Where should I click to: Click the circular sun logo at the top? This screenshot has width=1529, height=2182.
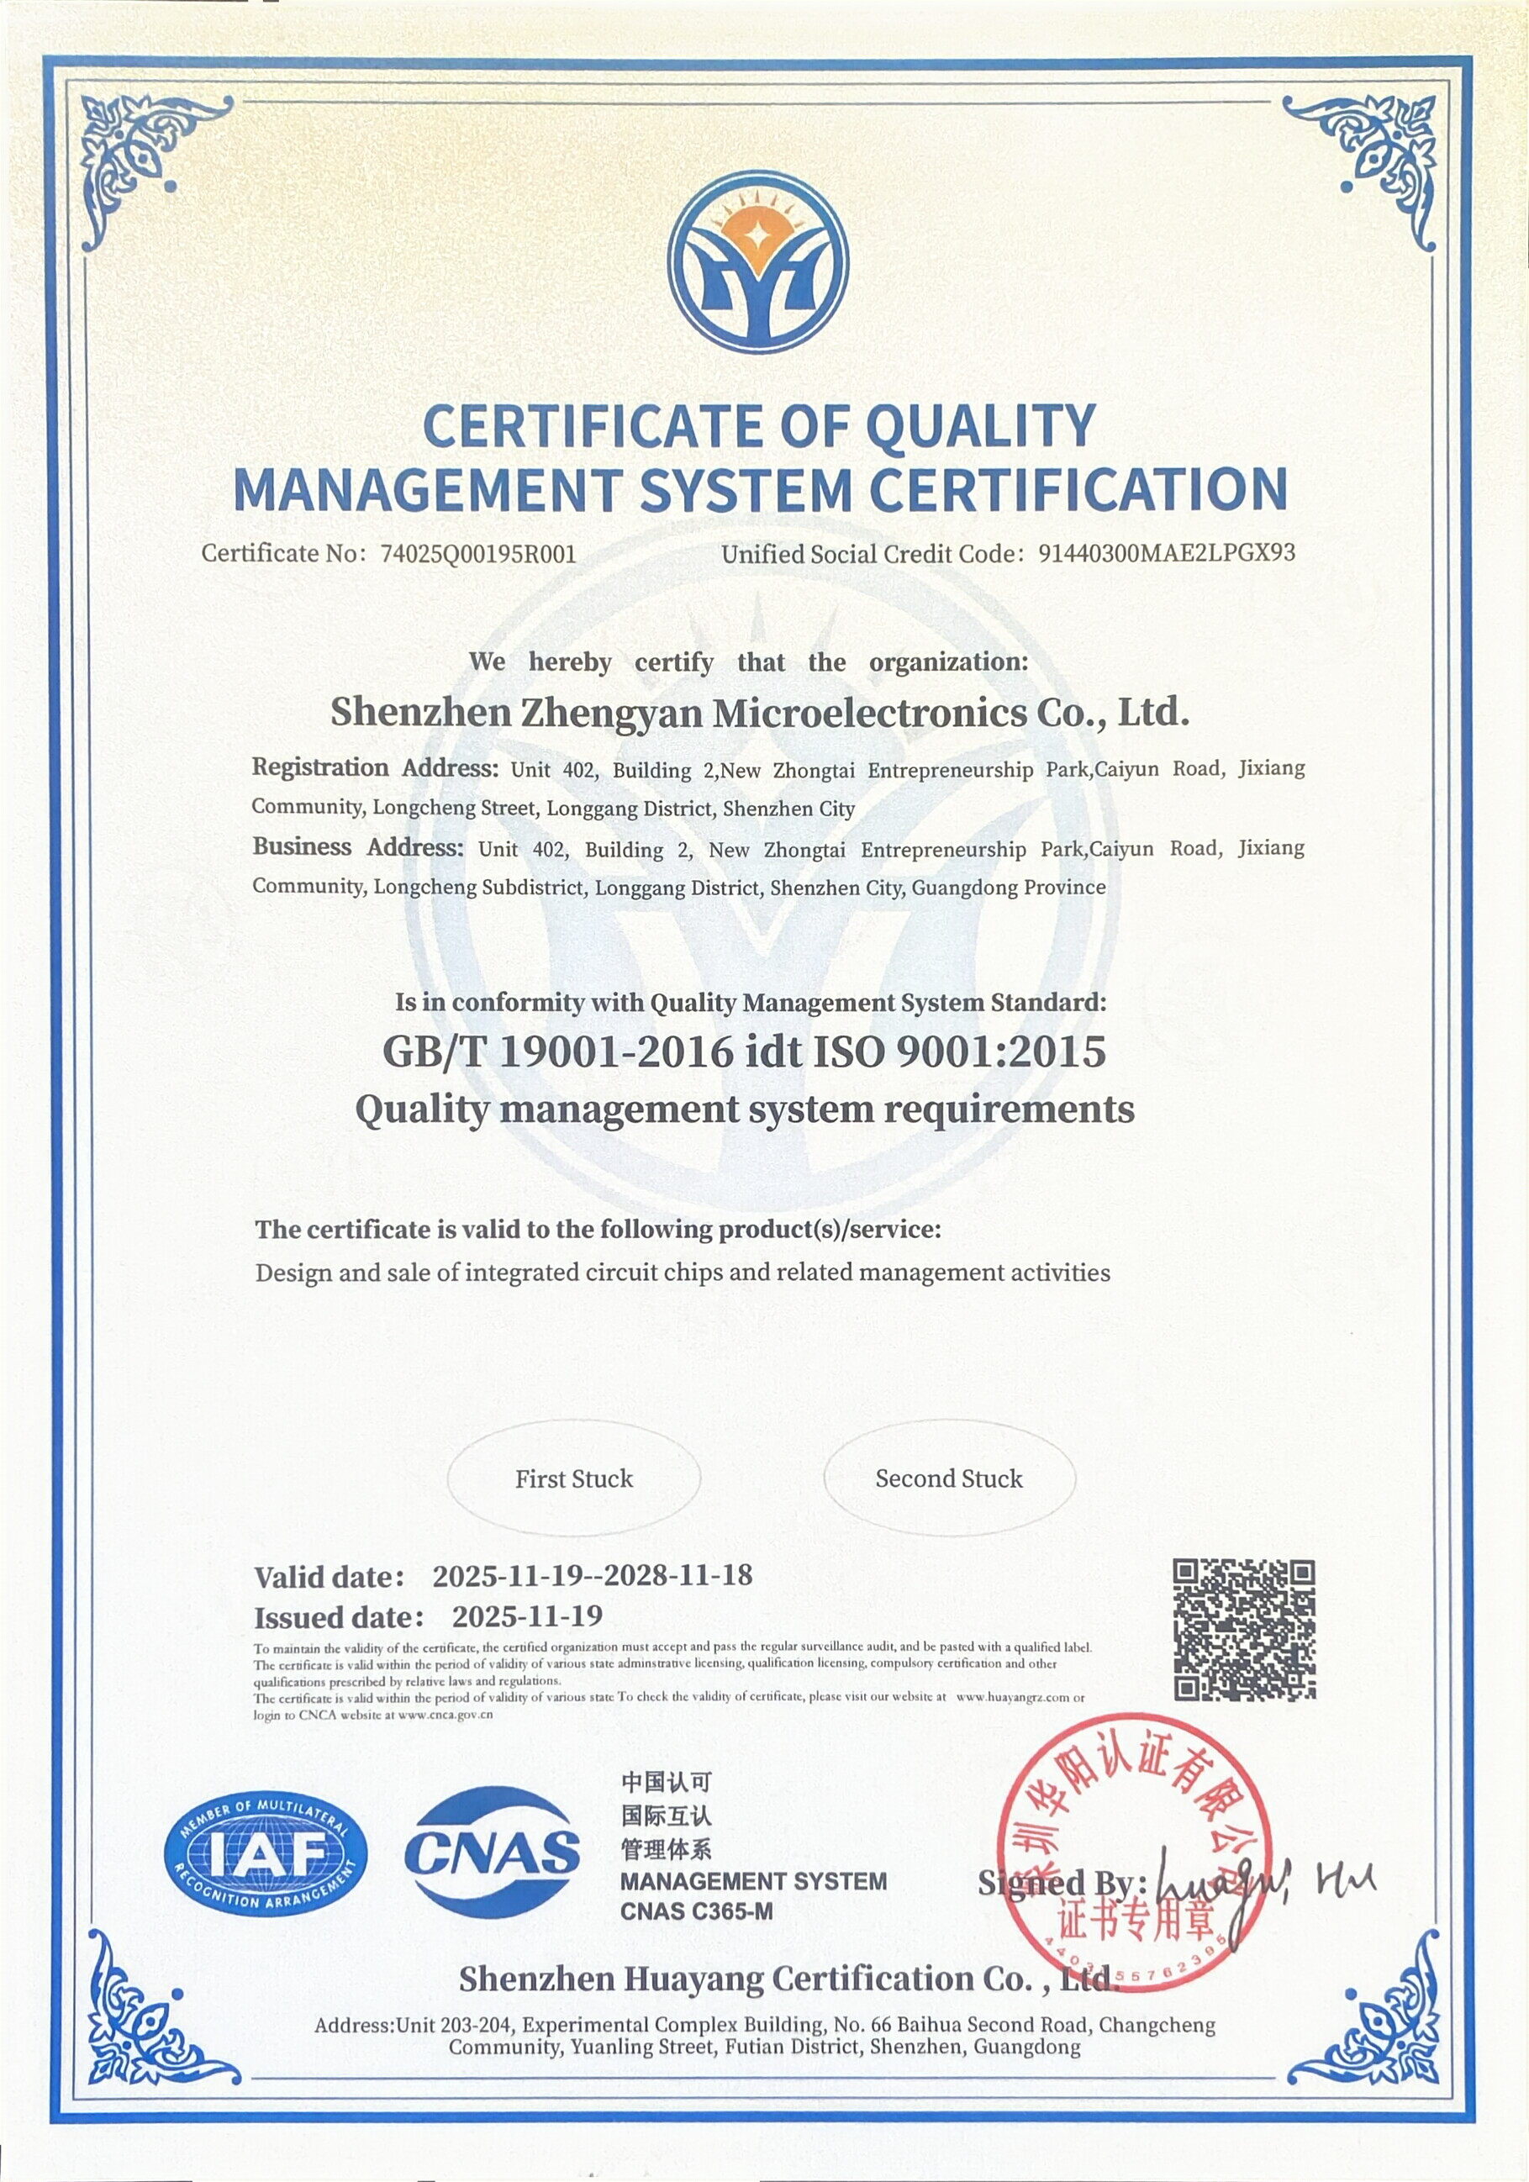[x=757, y=263]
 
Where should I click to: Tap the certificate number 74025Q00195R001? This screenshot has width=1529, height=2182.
[x=478, y=554]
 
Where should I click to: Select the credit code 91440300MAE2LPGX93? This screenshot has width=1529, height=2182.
[x=1166, y=553]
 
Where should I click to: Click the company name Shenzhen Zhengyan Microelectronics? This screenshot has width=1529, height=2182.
[x=759, y=713]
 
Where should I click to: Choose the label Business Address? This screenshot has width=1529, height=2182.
[x=357, y=846]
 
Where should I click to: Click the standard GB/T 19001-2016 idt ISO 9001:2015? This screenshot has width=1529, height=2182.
[x=744, y=1052]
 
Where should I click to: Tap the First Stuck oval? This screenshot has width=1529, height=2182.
[x=574, y=1478]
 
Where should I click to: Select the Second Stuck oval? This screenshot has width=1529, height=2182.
[x=948, y=1478]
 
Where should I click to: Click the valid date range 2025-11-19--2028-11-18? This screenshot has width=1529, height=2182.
[x=592, y=1576]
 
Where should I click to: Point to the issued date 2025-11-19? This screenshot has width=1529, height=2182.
[x=526, y=1616]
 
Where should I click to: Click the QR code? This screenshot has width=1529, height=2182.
[x=1244, y=1630]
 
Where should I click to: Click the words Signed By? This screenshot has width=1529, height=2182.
[x=1062, y=1883]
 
